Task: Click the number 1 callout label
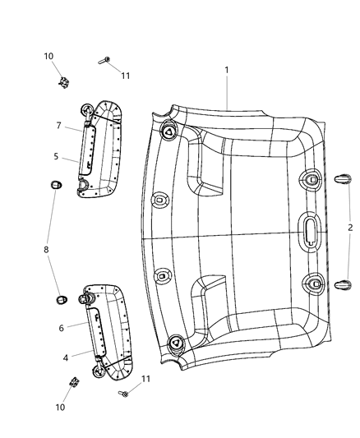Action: [x=227, y=71]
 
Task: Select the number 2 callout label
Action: [x=349, y=227]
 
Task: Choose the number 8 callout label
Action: [x=47, y=249]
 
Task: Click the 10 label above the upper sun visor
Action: [x=49, y=56]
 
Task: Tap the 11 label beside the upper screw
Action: [x=125, y=76]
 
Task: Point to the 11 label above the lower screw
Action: [x=147, y=379]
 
